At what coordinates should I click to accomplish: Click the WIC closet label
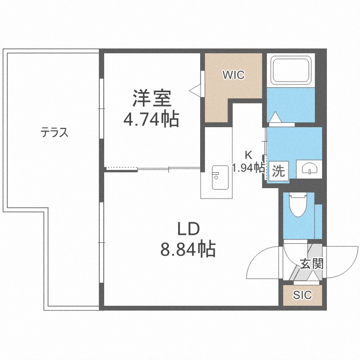pyautogui.click(x=233, y=75)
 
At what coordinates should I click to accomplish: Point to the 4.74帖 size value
pyautogui.click(x=151, y=119)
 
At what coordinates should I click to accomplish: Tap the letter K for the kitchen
pyautogui.click(x=248, y=155)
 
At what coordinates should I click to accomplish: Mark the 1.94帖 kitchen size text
pyautogui.click(x=248, y=168)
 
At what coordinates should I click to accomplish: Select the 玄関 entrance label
pyautogui.click(x=311, y=264)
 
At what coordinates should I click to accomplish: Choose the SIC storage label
pyautogui.click(x=302, y=295)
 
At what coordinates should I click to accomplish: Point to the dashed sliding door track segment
pyautogui.click(x=122, y=168)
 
